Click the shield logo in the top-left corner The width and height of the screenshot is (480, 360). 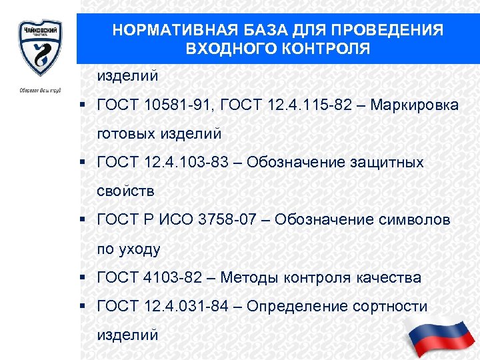40,48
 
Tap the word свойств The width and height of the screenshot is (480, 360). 125,191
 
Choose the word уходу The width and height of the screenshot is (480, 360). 140,249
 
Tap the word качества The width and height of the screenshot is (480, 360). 387,277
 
